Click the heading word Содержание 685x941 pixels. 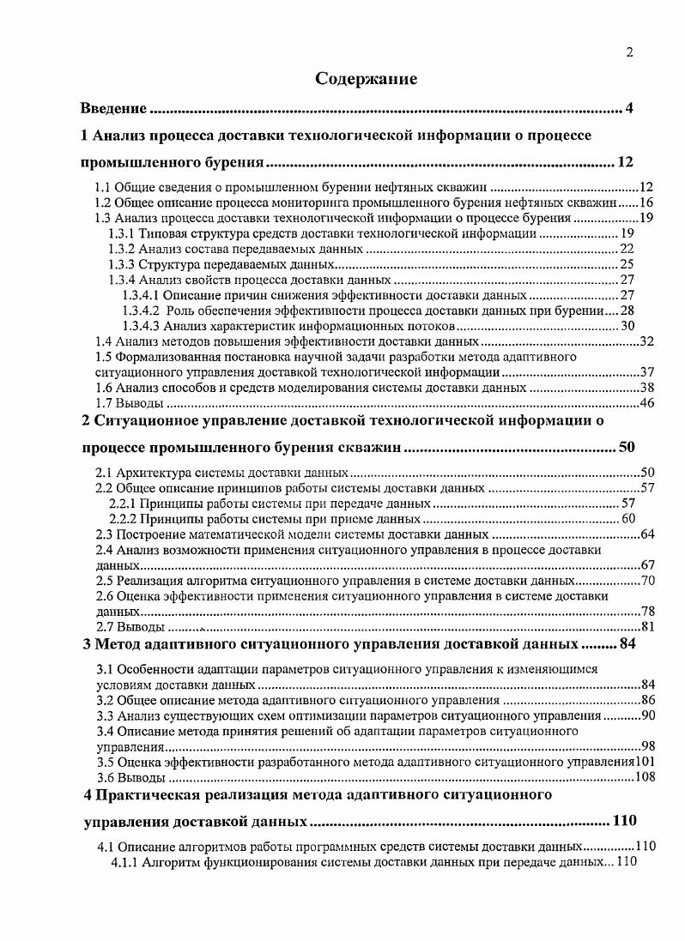[366, 80]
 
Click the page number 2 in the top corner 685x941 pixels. [629, 52]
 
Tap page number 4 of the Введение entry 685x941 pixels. [629, 109]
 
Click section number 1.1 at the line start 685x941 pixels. [103, 187]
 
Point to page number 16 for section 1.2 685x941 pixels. [647, 202]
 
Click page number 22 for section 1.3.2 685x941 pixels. [627, 249]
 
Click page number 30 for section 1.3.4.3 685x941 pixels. [627, 326]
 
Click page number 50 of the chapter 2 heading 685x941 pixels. [627, 448]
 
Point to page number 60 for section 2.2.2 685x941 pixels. [627, 519]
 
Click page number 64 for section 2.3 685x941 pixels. [647, 534]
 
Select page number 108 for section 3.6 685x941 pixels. [644, 777]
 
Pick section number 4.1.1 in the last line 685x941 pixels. [126, 862]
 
